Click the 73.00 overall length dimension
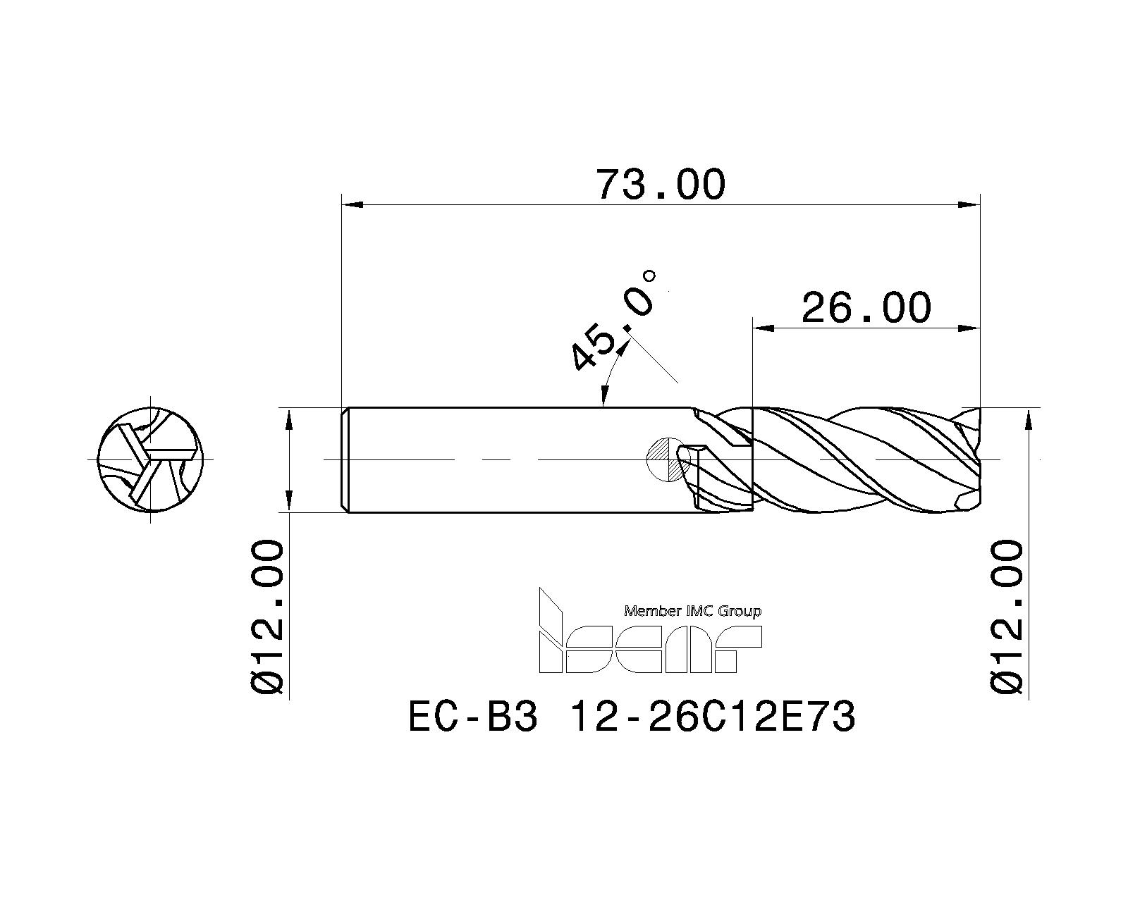(661, 185)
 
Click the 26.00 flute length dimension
(866, 308)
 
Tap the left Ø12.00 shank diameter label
(269, 617)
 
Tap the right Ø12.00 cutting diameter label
(1007, 617)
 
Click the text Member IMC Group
(692, 611)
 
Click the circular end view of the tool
(149, 459)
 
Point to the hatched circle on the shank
(665, 460)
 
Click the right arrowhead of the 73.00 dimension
(969, 205)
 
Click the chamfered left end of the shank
(345, 460)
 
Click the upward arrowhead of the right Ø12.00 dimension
(1029, 420)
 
